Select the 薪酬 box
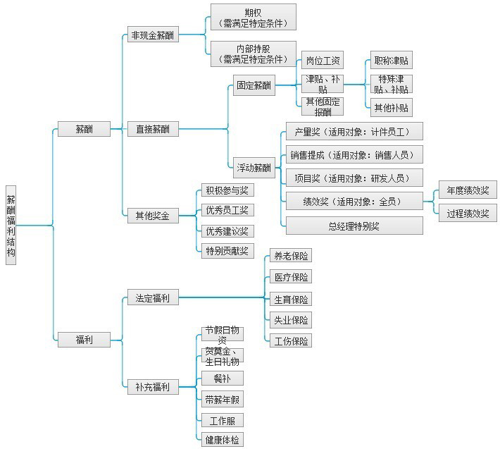click(84, 129)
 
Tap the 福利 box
click(84, 340)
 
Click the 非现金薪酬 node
click(153, 35)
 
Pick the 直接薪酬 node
click(153, 129)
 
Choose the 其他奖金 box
click(153, 216)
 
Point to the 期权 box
click(253, 18)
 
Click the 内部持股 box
click(253, 54)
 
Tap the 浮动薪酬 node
click(254, 168)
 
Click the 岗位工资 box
click(322, 62)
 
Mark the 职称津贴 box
click(391, 62)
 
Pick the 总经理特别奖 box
click(354, 226)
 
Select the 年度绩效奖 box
click(467, 190)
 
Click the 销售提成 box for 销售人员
click(354, 155)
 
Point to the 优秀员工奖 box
click(226, 210)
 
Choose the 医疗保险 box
click(290, 277)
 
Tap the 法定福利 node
click(153, 297)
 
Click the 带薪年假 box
click(222, 400)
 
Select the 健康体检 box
click(222, 440)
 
